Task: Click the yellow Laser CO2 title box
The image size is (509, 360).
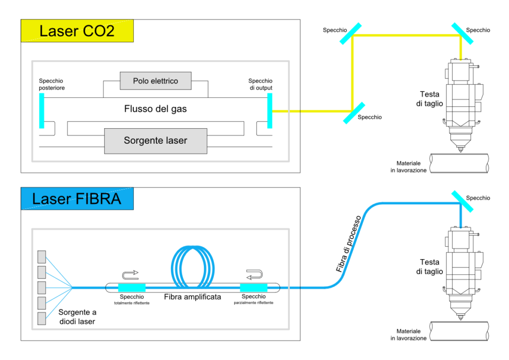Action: click(77, 31)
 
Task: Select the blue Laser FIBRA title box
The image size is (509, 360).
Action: click(77, 199)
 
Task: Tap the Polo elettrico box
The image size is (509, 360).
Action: click(156, 81)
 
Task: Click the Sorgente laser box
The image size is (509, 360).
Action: click(156, 141)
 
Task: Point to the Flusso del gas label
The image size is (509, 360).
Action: click(156, 109)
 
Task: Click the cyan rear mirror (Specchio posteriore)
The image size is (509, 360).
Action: click(42, 111)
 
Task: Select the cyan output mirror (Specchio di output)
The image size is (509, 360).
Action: click(270, 111)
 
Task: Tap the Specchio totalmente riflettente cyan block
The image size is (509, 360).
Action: click(132, 287)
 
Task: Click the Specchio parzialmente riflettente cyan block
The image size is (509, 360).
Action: click(254, 287)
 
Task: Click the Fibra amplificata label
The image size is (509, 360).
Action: click(192, 297)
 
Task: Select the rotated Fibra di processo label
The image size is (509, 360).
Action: click(348, 244)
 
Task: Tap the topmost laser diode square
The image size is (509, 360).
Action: click(42, 257)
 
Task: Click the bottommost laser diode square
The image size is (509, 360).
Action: click(42, 318)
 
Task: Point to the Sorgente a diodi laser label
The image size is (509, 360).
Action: click(77, 317)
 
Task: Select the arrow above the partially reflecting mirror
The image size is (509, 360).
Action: click(254, 274)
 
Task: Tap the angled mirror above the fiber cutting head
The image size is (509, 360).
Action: click(462, 201)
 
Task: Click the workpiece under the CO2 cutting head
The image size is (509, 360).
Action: click(459, 163)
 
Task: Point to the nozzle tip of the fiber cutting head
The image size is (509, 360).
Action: click(460, 319)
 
